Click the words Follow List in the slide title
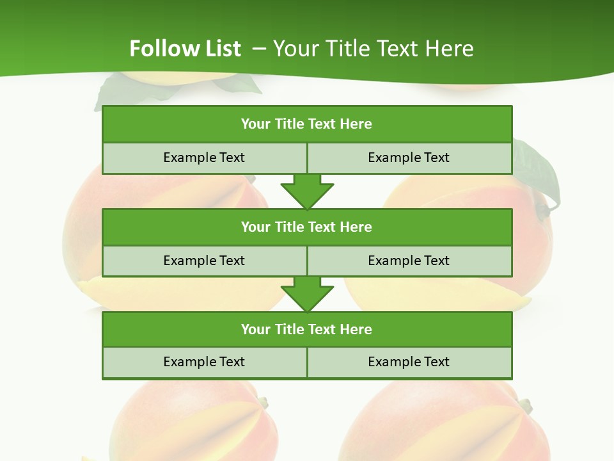coord(185,49)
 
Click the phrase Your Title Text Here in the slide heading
coord(373,49)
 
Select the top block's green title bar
coord(307,124)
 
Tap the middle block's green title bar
coord(307,227)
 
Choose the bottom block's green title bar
coord(307,329)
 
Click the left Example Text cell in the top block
coord(204,158)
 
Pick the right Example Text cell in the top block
coord(409,158)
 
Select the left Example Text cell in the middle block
coord(204,261)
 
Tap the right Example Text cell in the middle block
coord(409,261)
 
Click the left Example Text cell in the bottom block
coord(204,362)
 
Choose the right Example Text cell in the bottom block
coord(409,362)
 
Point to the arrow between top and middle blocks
coord(307,191)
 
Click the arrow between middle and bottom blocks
coord(307,294)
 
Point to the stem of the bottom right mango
coord(525,405)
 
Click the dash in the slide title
coord(259,49)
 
